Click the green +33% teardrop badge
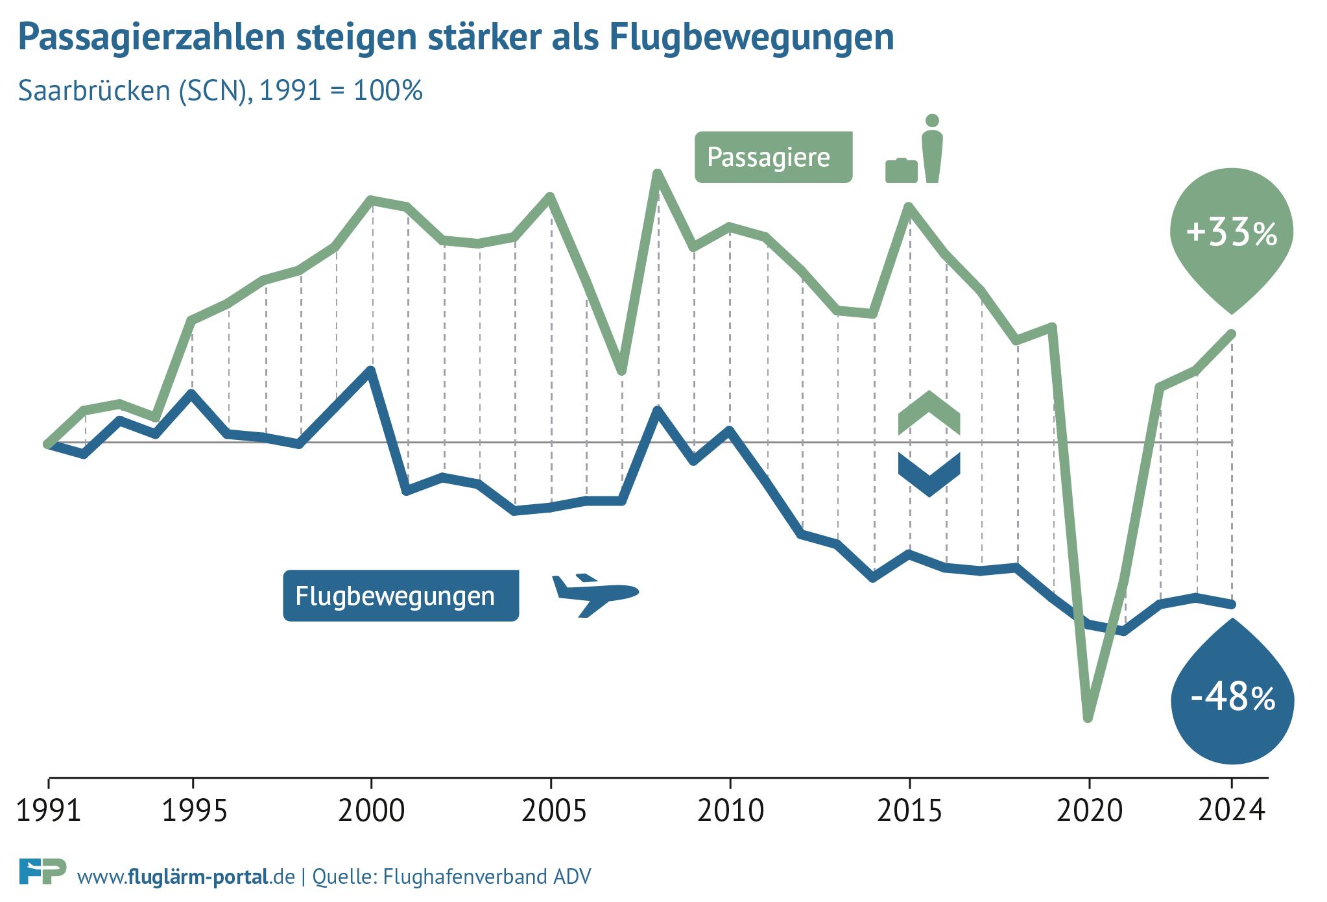click(x=1231, y=234)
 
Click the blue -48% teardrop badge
click(x=1232, y=700)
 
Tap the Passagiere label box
click(x=773, y=157)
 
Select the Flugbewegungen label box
click(x=401, y=596)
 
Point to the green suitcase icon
click(x=901, y=171)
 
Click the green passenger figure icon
click(x=932, y=149)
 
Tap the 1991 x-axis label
click(x=49, y=811)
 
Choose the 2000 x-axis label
click(x=372, y=811)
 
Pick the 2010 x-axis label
click(x=730, y=811)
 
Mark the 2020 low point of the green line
click(x=1088, y=718)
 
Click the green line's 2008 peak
click(x=658, y=174)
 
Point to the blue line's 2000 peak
click(x=370, y=371)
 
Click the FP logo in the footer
click(x=42, y=871)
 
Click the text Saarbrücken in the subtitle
click(x=94, y=91)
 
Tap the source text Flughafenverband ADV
click(x=487, y=877)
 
